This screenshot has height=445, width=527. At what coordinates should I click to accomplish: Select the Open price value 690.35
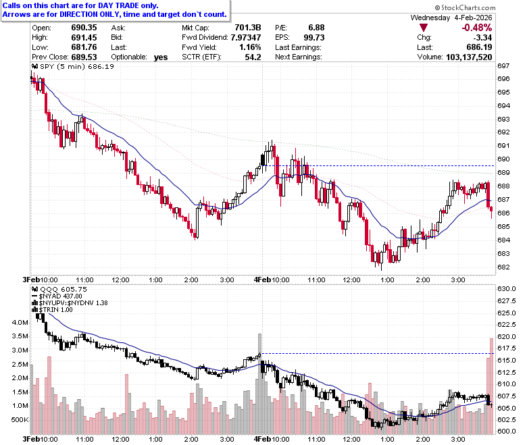pos(84,28)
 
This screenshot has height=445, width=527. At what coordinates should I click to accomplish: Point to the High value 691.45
pos(84,37)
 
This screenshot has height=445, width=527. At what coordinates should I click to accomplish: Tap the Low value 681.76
pos(84,47)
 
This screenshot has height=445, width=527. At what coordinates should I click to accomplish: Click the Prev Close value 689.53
pos(84,57)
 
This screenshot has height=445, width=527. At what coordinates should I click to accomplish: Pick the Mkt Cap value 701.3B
pos(248,28)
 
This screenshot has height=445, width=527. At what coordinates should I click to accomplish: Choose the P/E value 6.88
pos(316,28)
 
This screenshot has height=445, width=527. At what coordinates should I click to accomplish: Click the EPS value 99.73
pos(314,37)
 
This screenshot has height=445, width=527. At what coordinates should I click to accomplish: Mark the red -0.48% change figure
pos(476,28)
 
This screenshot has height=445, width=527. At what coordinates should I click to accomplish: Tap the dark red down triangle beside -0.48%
pos(424,28)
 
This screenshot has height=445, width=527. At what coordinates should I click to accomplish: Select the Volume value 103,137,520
pos(469,57)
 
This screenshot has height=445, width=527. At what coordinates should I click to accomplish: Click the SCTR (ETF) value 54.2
pos(253,57)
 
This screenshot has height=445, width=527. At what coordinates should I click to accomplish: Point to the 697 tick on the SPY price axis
pos(503,66)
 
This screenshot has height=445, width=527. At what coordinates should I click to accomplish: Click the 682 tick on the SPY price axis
pos(503,267)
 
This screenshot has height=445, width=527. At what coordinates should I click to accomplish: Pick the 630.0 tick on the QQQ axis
pos(507,289)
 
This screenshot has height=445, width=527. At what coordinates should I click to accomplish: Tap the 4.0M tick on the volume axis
pos(20,322)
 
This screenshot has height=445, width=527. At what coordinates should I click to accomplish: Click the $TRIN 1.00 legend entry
pos(53,310)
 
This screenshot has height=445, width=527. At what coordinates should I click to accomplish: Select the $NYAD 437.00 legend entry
pos(57,296)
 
